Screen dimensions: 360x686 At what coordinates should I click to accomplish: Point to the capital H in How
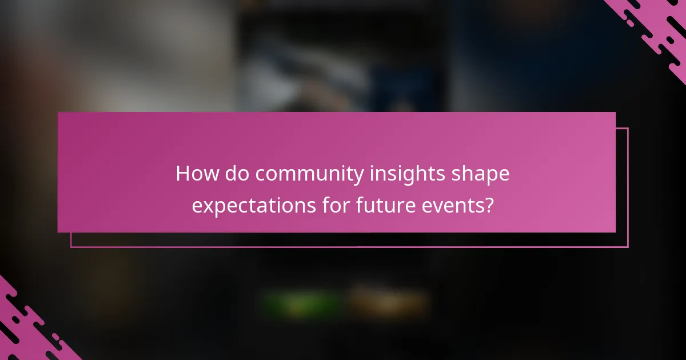183,174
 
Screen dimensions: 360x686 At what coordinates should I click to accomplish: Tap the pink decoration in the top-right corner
657,29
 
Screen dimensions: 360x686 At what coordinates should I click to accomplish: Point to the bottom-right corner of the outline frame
628,247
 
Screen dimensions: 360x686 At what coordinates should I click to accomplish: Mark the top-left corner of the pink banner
58,113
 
